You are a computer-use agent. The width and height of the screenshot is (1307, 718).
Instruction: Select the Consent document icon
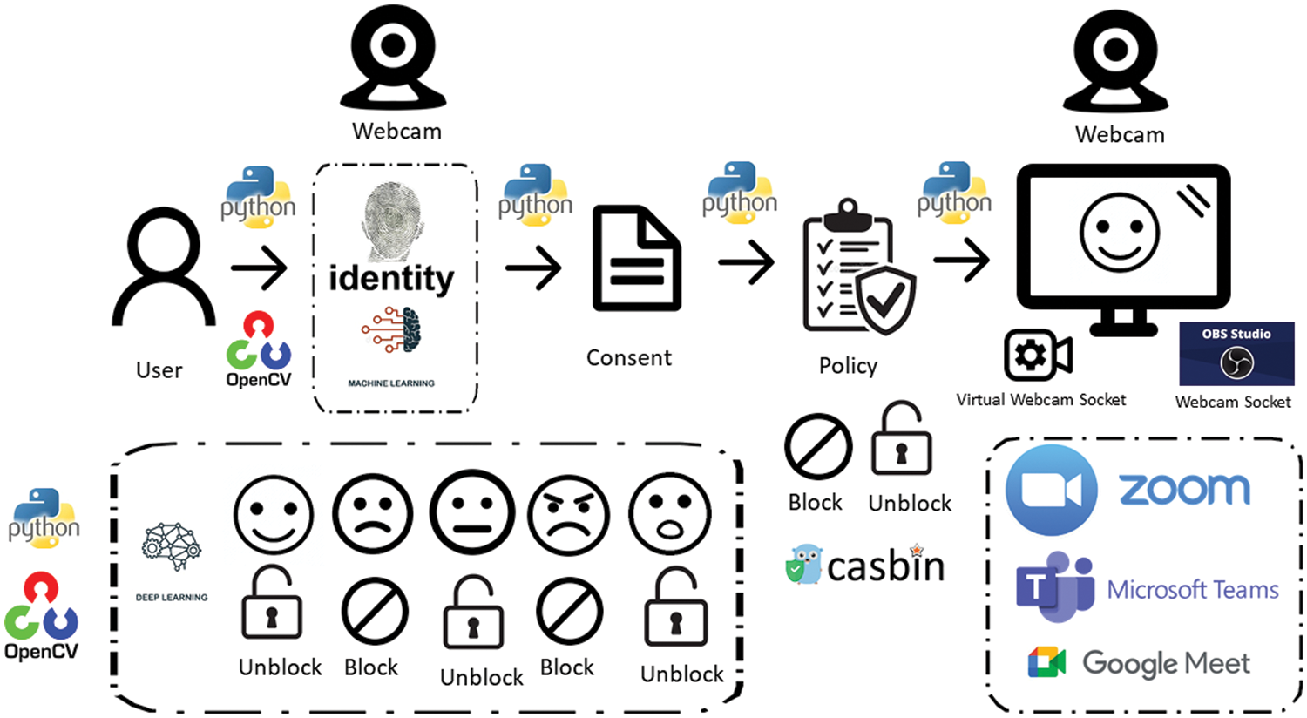click(636, 259)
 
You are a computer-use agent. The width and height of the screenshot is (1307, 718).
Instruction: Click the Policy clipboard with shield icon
click(857, 268)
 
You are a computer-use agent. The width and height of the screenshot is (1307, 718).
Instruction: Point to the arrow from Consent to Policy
click(747, 261)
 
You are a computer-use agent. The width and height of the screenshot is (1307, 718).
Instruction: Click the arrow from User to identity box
click(259, 268)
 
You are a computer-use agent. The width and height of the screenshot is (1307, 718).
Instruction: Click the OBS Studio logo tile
click(1236, 354)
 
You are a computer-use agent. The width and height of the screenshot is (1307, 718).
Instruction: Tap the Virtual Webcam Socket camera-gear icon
click(1038, 355)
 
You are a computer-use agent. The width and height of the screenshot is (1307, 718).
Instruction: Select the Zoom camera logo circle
click(1051, 490)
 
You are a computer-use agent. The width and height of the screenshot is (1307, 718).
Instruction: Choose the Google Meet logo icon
click(1046, 662)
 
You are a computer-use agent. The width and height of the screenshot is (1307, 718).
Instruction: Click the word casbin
click(885, 567)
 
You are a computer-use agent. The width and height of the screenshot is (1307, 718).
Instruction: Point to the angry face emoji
click(569, 515)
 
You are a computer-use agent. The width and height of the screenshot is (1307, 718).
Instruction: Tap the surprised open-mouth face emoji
click(670, 515)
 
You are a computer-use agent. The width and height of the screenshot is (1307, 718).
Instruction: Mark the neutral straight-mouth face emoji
click(472, 512)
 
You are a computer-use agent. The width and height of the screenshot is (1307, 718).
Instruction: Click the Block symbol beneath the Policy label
click(817, 446)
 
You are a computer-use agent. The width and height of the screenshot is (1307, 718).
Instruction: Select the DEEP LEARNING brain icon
click(171, 547)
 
